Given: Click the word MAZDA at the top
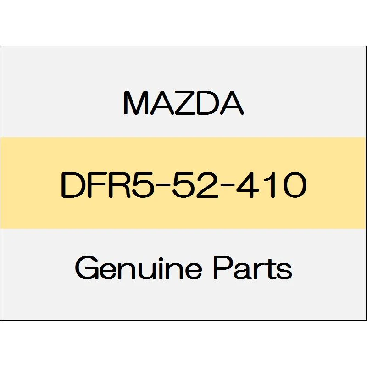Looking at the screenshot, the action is [183, 103].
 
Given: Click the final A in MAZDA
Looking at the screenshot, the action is [232, 103].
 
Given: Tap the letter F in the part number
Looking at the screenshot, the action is [95, 185].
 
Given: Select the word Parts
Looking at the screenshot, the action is [253, 267].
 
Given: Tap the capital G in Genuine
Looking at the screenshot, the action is [86, 267].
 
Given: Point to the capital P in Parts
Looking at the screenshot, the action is [223, 267].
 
